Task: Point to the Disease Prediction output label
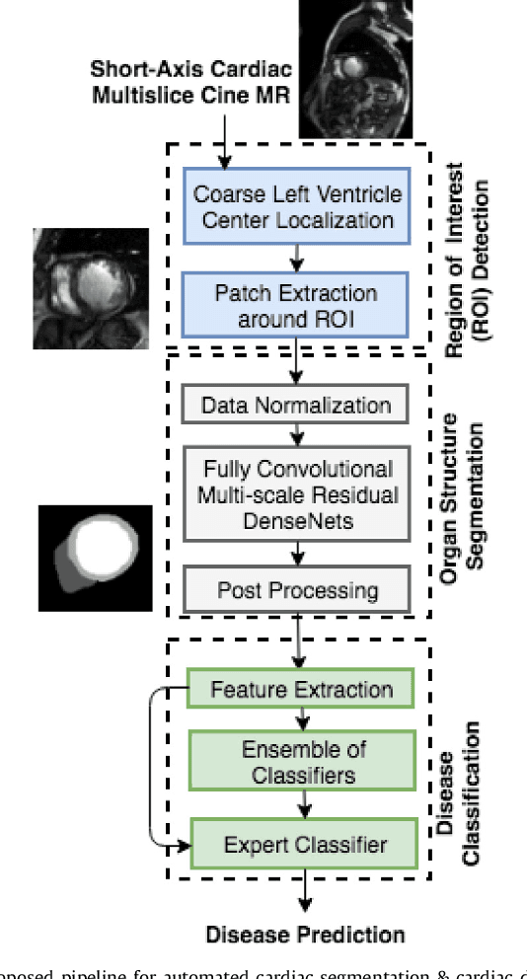pos(305,934)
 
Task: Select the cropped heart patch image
pos(91,287)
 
